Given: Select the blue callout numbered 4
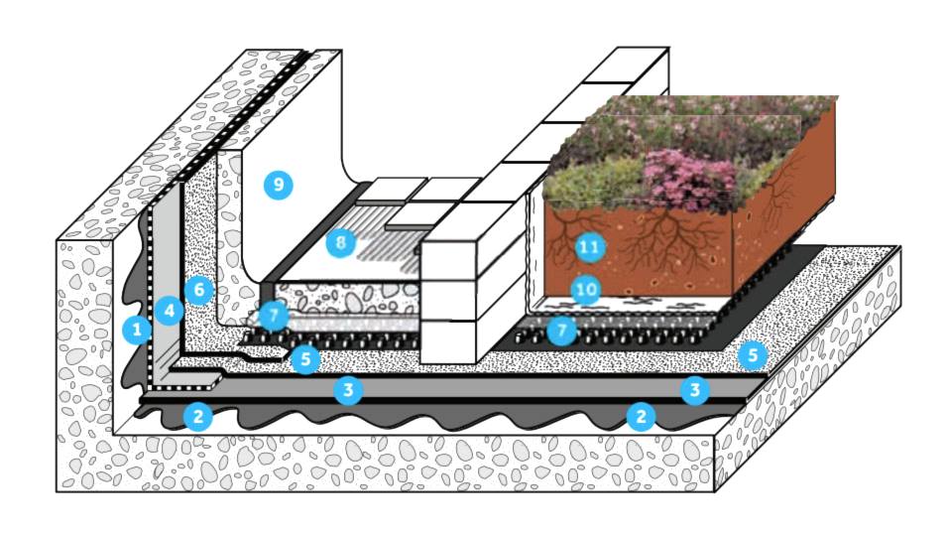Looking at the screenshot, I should pyautogui.click(x=171, y=311).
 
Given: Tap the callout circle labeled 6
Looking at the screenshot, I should pyautogui.click(x=199, y=290).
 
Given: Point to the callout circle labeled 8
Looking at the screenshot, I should pyautogui.click(x=340, y=242).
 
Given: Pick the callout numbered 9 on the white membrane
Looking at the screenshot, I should pyautogui.click(x=278, y=184).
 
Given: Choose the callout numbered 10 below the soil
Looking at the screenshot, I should pyautogui.click(x=586, y=290).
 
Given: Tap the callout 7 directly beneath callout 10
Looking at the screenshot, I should pyautogui.click(x=562, y=329).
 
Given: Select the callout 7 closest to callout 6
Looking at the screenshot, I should pyautogui.click(x=273, y=316).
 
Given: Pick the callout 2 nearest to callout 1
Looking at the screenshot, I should pyautogui.click(x=198, y=416).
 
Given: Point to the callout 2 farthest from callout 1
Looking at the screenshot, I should pyautogui.click(x=641, y=416).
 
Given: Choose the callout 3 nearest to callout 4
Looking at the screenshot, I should pyautogui.click(x=347, y=389).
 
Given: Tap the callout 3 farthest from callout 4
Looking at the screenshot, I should pyautogui.click(x=695, y=389).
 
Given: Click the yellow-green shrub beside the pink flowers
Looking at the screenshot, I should pyautogui.click(x=580, y=184).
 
